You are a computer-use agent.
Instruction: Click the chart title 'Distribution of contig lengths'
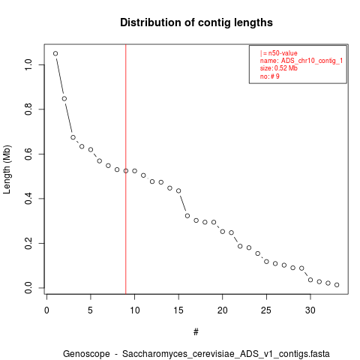(196, 22)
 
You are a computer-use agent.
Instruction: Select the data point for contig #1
(55, 53)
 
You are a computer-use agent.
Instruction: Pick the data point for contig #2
(64, 99)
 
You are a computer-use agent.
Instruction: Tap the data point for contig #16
(187, 216)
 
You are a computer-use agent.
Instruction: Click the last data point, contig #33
(337, 285)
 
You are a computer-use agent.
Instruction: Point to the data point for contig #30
(310, 280)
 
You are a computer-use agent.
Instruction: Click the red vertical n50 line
(126, 169)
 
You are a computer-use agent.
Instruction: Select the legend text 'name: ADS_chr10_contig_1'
(301, 61)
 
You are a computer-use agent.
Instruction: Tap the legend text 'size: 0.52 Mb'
(279, 68)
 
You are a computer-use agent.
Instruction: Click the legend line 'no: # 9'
(270, 76)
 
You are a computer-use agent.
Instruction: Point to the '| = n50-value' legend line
(279, 53)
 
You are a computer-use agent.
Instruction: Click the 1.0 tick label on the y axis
(28, 64)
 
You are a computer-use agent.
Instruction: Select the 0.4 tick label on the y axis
(28, 199)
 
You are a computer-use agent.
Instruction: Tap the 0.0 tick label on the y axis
(28, 288)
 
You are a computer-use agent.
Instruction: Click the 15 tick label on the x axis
(178, 310)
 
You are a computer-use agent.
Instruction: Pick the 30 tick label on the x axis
(310, 310)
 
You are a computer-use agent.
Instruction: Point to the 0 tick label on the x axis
(46, 310)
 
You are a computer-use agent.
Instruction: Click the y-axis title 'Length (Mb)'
(7, 169)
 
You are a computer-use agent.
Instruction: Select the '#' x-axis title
(196, 332)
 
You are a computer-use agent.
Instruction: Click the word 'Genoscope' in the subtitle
(86, 354)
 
